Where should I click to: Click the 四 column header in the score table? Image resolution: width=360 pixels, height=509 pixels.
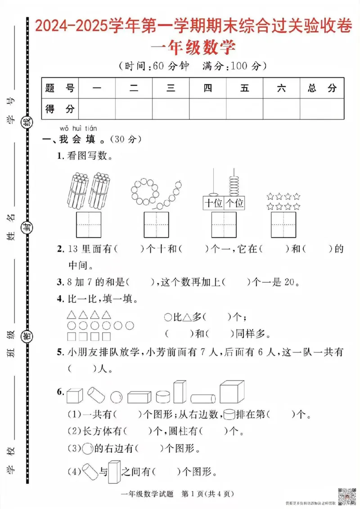coord(207,89)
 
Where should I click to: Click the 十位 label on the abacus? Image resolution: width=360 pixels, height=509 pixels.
coord(213,203)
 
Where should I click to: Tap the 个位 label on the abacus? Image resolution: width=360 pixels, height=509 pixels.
coord(234,203)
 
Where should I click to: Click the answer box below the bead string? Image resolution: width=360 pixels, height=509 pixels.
coord(157,224)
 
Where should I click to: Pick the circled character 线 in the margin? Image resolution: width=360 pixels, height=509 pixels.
coord(27,121)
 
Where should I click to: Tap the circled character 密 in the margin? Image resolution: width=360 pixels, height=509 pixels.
coord(27,336)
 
